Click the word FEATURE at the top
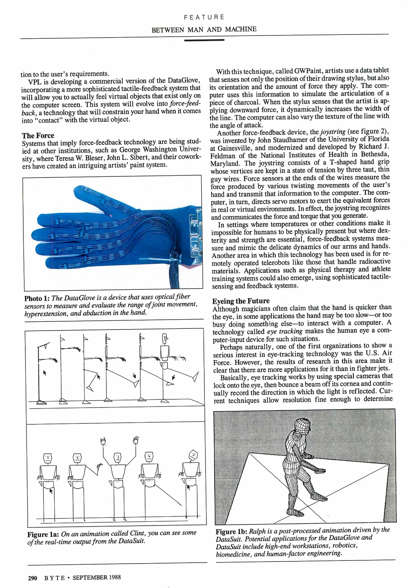tap(204, 17)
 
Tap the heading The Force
tap(38, 136)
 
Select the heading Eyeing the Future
tap(241, 301)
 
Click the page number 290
tap(32, 578)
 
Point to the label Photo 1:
tap(37, 298)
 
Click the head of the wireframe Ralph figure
tap(302, 427)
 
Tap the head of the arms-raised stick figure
tap(117, 457)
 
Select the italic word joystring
tap(332, 132)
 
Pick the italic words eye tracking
tap(285, 331)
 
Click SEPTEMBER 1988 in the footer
tap(97, 577)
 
